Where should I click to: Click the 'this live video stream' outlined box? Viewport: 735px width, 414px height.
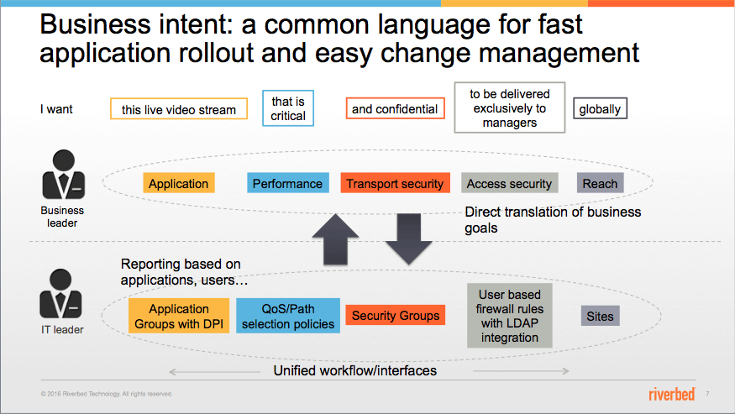click(179, 109)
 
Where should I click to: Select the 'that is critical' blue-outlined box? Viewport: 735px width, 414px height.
click(288, 108)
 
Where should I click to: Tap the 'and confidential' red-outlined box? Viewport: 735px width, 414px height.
click(395, 108)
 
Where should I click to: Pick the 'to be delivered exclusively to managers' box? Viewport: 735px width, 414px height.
click(510, 107)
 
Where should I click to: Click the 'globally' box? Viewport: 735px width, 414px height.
click(600, 109)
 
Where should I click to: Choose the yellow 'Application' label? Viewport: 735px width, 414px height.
click(179, 183)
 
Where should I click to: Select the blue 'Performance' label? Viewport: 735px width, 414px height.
click(288, 183)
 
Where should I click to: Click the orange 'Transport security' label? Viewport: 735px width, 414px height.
click(395, 183)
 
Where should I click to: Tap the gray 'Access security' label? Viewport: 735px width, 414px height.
click(510, 183)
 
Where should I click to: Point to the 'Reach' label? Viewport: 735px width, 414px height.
click(600, 183)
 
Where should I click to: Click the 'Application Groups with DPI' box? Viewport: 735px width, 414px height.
click(179, 316)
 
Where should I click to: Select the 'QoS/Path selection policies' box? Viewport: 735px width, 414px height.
click(288, 316)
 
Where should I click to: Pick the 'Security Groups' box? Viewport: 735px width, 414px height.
click(395, 315)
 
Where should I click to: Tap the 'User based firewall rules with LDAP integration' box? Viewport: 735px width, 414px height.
click(510, 316)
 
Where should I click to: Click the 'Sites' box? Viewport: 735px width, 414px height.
click(600, 316)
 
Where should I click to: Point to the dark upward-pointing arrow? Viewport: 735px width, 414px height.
click(336, 239)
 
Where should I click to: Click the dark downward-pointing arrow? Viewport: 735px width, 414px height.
click(409, 238)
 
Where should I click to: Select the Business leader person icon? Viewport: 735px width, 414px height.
click(64, 175)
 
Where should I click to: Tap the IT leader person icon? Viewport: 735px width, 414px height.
click(61, 294)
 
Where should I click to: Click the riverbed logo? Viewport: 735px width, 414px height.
click(672, 394)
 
